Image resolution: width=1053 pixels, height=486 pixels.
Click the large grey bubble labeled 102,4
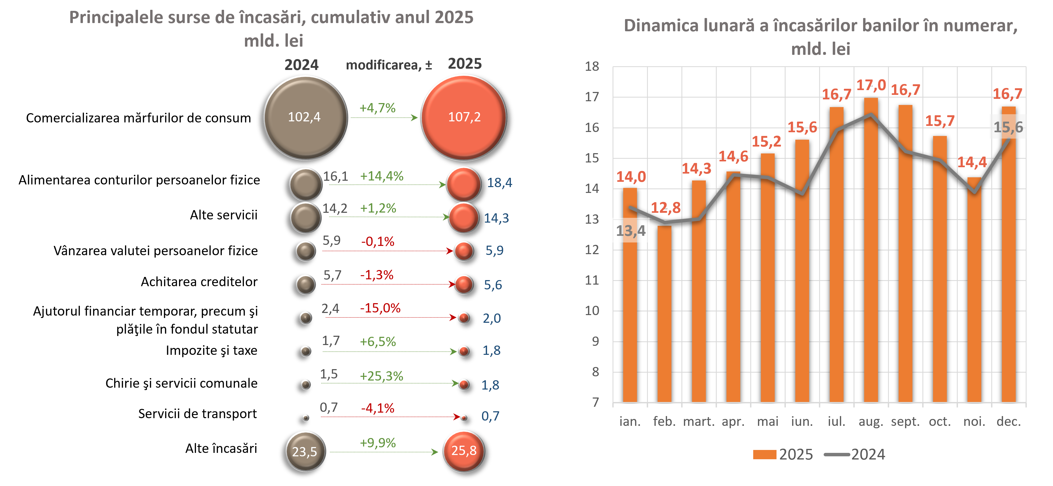305,117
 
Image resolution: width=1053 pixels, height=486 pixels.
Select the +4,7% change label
377,108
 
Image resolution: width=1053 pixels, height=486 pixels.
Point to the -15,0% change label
380,308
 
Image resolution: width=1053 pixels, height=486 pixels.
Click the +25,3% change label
381,376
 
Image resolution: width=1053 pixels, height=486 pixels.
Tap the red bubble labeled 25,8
463,451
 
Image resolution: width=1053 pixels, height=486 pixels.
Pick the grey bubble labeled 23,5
305,451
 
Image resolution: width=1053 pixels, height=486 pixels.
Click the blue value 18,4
499,183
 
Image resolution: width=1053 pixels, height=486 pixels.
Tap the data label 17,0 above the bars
871,85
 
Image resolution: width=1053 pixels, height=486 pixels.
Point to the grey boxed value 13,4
631,231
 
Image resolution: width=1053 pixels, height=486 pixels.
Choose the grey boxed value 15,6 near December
1008,127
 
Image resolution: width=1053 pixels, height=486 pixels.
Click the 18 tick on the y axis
592,66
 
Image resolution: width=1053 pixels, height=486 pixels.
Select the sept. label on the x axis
905,421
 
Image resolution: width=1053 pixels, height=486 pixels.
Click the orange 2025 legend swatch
764,454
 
